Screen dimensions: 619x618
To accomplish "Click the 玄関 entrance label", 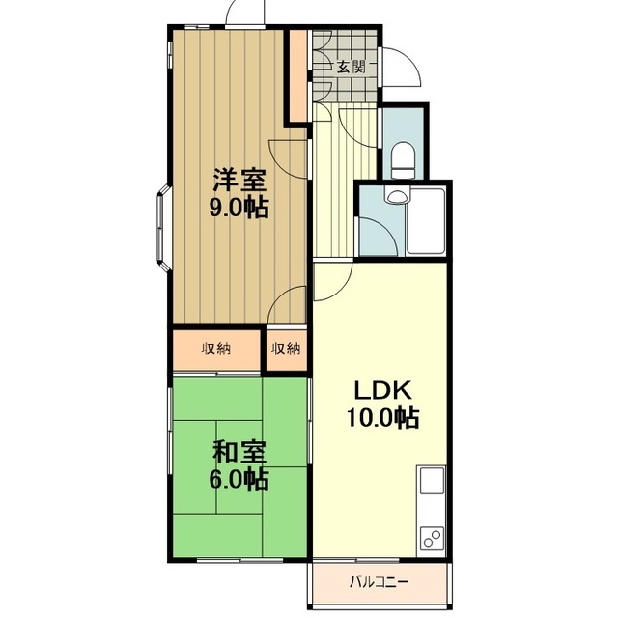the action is tap(350, 67).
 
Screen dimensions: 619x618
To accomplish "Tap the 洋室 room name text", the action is tap(239, 180).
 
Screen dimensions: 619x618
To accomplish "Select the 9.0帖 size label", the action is tap(239, 208).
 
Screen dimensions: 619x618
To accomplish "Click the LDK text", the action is tap(383, 390).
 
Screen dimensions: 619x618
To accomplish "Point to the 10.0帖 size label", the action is tap(382, 417).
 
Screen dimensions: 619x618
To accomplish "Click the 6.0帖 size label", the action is tap(239, 479).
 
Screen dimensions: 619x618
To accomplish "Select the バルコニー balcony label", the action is tap(379, 581).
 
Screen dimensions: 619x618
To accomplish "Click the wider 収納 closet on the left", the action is tap(216, 350).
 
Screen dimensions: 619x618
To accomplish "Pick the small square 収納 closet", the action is tap(286, 350).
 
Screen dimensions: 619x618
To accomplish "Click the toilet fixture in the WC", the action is tap(403, 160).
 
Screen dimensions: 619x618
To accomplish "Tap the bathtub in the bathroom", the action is tap(427, 221).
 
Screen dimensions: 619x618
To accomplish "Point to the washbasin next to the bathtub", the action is tap(397, 196).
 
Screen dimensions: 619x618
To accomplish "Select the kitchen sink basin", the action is tap(432, 481).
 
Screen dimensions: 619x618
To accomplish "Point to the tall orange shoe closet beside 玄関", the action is tap(298, 75).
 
